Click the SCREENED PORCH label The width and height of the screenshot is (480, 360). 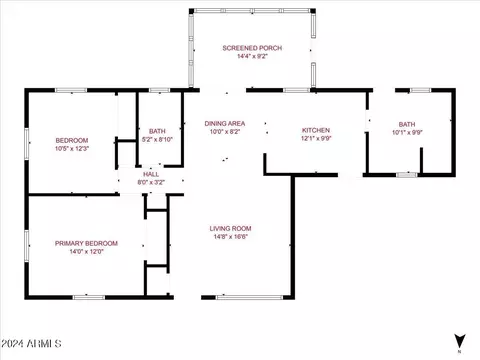[x=252, y=48]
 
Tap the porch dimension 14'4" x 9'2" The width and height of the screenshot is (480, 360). [x=252, y=56]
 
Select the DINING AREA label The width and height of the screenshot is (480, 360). [x=225, y=123]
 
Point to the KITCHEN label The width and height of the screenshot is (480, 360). [x=316, y=130]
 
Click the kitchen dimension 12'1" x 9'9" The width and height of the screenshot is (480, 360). [x=316, y=138]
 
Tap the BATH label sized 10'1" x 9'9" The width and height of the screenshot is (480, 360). [x=407, y=124]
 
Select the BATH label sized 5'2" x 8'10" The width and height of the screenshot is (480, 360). [x=157, y=131]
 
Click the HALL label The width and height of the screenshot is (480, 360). [x=151, y=174]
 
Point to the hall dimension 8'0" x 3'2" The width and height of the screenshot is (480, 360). [x=151, y=182]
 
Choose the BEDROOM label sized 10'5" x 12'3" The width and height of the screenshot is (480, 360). [x=72, y=140]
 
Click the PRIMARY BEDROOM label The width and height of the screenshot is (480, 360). [x=86, y=243]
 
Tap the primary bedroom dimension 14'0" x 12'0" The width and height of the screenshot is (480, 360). [x=86, y=251]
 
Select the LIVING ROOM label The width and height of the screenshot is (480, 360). [x=230, y=228]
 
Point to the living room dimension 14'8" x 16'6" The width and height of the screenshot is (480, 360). [x=230, y=237]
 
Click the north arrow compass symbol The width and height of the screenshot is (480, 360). [x=460, y=341]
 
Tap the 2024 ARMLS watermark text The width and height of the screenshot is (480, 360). [x=31, y=344]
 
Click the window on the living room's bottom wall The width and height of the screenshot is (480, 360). [x=249, y=297]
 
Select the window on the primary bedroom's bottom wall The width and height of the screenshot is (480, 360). [x=89, y=297]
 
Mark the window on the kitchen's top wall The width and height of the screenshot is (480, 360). [x=296, y=90]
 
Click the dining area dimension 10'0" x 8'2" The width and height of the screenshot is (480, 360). [x=225, y=131]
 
